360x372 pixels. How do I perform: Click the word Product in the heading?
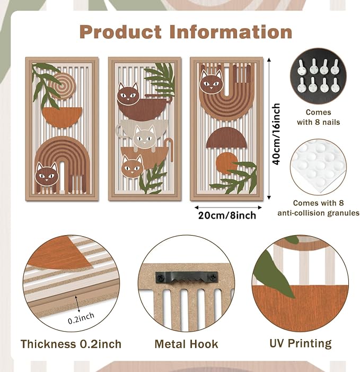click(121, 32)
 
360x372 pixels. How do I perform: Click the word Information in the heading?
click(231, 32)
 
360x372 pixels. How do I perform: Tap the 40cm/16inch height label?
click(276, 134)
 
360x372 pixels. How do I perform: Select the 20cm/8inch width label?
click(227, 215)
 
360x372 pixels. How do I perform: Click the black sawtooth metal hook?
click(187, 278)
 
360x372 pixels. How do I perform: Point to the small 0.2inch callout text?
click(81, 318)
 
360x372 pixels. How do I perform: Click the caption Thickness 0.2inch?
click(71, 344)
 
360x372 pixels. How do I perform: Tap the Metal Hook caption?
click(186, 344)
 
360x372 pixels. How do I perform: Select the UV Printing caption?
click(301, 343)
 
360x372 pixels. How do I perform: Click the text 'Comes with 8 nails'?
click(318, 117)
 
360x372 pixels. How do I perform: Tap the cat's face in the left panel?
click(47, 175)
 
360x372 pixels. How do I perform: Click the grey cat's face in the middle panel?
click(144, 137)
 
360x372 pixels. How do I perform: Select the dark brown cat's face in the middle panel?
click(128, 93)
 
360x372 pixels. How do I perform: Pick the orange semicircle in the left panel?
click(62, 117)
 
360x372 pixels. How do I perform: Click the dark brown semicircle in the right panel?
click(226, 139)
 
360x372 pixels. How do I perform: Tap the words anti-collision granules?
click(318, 213)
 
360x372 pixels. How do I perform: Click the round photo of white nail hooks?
click(318, 76)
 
